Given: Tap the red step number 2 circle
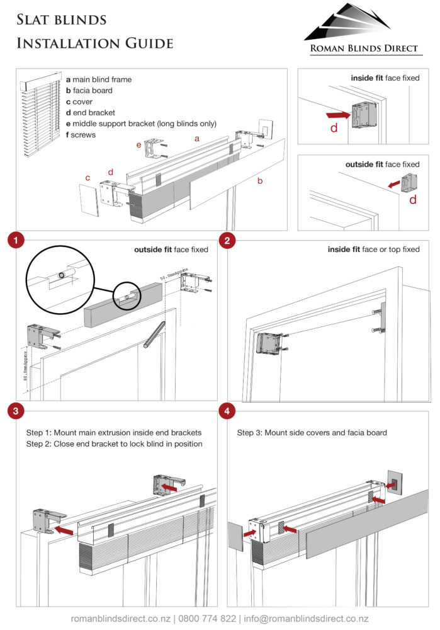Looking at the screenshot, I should tap(227, 240).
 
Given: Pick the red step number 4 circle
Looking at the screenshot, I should tap(227, 411).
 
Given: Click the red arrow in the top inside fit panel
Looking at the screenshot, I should tap(339, 115).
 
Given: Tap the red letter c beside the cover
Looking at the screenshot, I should tap(87, 178).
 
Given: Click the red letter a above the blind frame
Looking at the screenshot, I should tap(197, 137).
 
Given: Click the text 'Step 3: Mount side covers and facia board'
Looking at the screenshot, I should tap(312, 433).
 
